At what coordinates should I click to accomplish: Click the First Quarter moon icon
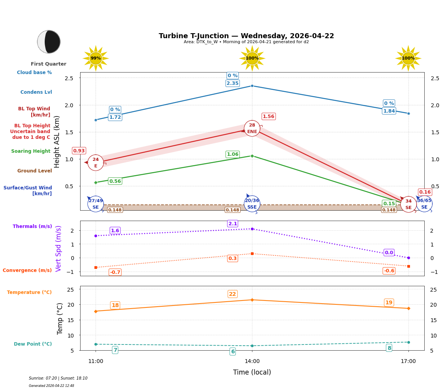pyautogui.click(x=49, y=42)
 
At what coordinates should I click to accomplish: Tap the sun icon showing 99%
pyautogui.click(x=96, y=58)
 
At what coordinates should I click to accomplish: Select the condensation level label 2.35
pyautogui.click(x=232, y=83)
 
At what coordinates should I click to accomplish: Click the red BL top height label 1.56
pyautogui.click(x=268, y=116)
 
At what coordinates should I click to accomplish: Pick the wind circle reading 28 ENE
pyautogui.click(x=252, y=128)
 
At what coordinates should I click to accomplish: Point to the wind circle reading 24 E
pyautogui.click(x=96, y=163)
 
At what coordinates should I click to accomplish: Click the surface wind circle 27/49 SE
pyautogui.click(x=96, y=204)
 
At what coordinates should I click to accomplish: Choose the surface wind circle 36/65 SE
pyautogui.click(x=424, y=204)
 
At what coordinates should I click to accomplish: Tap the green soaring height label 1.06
pyautogui.click(x=232, y=154)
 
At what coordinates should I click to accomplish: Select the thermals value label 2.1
pyautogui.click(x=233, y=224)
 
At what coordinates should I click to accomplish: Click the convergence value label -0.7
pyautogui.click(x=115, y=272)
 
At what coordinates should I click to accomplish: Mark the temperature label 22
pyautogui.click(x=232, y=294)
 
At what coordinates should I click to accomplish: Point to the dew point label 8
pyautogui.click(x=389, y=348)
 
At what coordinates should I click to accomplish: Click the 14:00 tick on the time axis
pyautogui.click(x=252, y=361)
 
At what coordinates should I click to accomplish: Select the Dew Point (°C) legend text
pyautogui.click(x=33, y=344)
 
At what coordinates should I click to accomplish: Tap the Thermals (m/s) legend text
pyautogui.click(x=32, y=226)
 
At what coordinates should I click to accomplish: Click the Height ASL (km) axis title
pyautogui.click(x=57, y=142)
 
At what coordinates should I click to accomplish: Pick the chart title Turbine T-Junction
pyautogui.click(x=246, y=36)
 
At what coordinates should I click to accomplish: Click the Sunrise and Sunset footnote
pyautogui.click(x=58, y=378)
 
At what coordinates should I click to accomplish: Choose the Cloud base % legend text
pyautogui.click(x=34, y=73)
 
